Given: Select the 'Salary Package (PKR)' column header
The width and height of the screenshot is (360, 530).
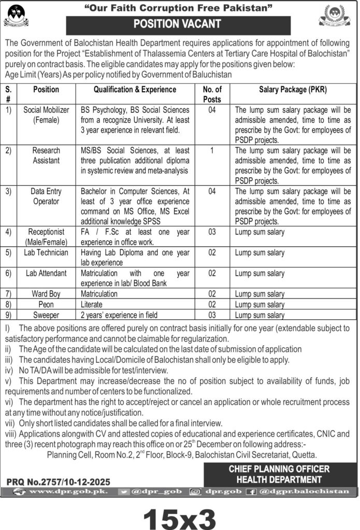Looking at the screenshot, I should pyautogui.click(x=293, y=90).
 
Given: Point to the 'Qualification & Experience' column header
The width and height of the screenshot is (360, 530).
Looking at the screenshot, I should pyautogui.click(x=135, y=90).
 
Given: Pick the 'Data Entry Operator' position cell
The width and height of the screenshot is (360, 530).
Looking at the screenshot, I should pyautogui.click(x=46, y=196).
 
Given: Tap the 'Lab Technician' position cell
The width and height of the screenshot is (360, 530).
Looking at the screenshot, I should pyautogui.click(x=46, y=253).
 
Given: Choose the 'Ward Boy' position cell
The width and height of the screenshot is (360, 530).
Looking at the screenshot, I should pyautogui.click(x=46, y=293).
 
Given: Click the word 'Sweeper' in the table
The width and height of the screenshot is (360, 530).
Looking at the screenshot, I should pyautogui.click(x=46, y=314).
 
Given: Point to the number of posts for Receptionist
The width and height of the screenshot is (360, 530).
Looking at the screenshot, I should pyautogui.click(x=212, y=232).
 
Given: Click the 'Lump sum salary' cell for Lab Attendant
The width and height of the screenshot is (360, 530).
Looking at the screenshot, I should pyautogui.click(x=260, y=273).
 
